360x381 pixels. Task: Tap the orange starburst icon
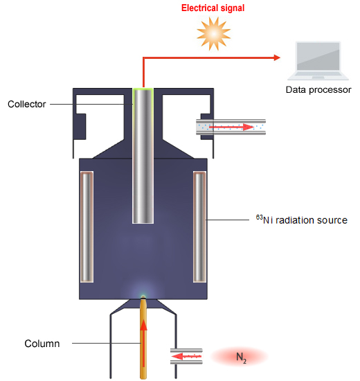[x=211, y=33]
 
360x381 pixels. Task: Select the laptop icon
[x=318, y=62]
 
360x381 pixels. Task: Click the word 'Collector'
[x=26, y=105]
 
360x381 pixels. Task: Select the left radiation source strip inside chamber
[x=87, y=227]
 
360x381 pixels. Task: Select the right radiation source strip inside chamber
[x=200, y=227]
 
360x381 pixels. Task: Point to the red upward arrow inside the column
[x=143, y=339]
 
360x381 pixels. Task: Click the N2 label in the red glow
[x=240, y=357]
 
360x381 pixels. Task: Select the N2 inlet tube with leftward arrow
[x=186, y=356]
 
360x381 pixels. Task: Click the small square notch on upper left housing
[x=81, y=124]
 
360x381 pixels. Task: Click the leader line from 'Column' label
[x=104, y=344]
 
